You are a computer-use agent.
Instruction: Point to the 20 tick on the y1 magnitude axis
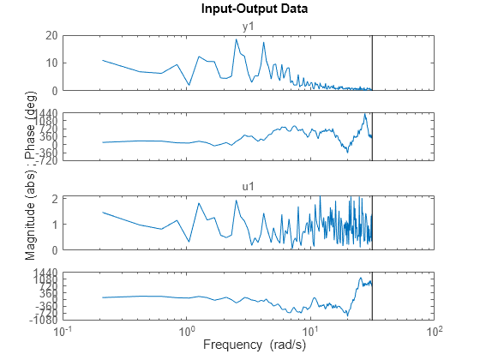coord(51,35)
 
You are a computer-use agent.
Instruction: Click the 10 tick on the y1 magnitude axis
coord(51,63)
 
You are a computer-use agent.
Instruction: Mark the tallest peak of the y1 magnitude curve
coord(237,39)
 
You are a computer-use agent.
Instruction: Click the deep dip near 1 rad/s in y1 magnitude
coord(189,84)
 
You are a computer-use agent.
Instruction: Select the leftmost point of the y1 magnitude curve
coord(103,60)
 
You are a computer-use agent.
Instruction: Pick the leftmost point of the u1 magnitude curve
coord(103,212)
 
